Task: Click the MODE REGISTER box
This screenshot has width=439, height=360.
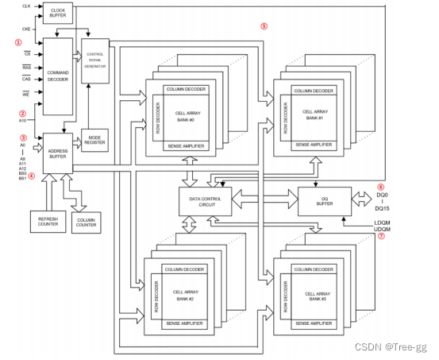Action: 95,141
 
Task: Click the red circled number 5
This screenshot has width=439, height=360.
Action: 264,26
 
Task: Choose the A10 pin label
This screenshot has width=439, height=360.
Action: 23,121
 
